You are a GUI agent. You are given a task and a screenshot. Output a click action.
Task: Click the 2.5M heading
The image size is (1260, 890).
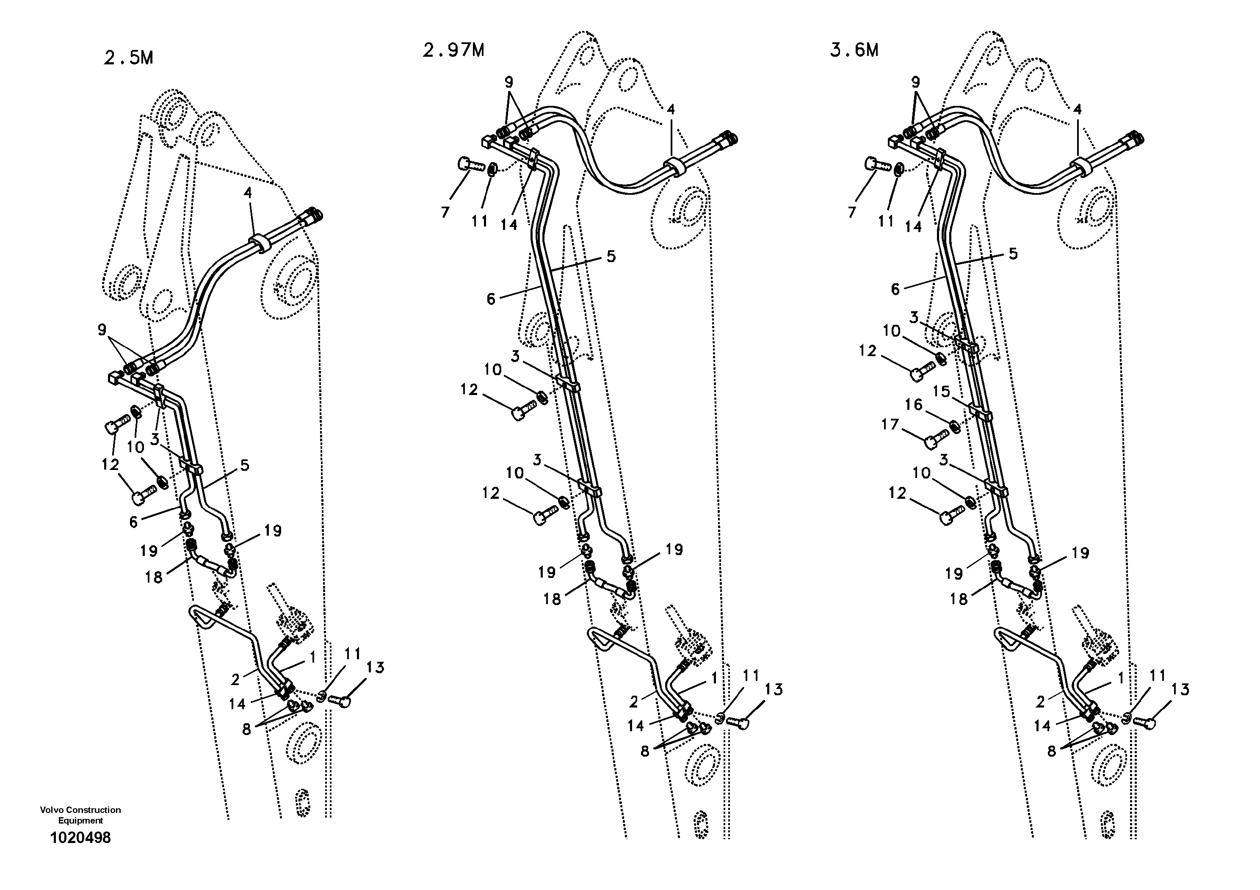(x=128, y=58)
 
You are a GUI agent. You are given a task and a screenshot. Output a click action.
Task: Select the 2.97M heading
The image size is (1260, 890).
(x=453, y=50)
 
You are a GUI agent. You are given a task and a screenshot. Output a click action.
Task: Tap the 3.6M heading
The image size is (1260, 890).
(x=854, y=50)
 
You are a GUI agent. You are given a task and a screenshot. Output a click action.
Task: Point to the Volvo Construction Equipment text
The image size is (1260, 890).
(x=80, y=815)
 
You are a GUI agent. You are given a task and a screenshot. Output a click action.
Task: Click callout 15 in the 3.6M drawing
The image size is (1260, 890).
(x=941, y=392)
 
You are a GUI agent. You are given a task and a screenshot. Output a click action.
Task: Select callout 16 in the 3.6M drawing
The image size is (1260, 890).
(x=914, y=405)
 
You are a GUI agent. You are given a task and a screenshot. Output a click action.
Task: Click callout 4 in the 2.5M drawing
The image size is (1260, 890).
(x=248, y=193)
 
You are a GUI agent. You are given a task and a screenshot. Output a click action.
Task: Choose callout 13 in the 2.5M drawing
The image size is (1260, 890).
(x=376, y=667)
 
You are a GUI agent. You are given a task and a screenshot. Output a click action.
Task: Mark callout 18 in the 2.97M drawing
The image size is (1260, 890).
(x=552, y=599)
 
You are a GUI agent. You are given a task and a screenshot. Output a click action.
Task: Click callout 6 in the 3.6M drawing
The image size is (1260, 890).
(x=895, y=289)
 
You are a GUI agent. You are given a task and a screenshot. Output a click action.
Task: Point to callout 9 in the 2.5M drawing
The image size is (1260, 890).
(x=102, y=330)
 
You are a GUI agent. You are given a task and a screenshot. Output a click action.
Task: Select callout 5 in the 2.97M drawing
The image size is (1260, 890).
(x=611, y=256)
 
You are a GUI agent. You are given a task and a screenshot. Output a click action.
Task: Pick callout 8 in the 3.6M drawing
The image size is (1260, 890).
(x=1051, y=751)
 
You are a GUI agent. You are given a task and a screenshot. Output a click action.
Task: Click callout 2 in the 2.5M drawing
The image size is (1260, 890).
(x=235, y=680)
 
